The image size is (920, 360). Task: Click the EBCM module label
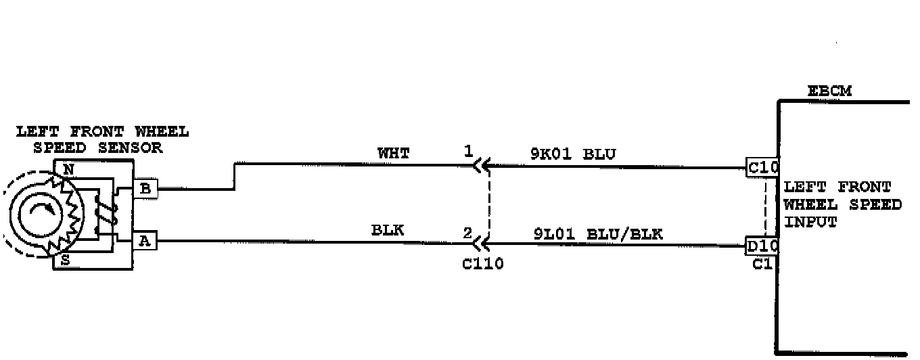click(829, 91)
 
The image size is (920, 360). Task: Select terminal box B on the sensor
click(145, 189)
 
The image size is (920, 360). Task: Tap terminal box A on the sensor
click(144, 241)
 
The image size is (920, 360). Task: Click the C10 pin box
click(762, 167)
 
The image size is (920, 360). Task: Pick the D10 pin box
click(762, 246)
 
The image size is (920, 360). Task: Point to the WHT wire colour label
click(393, 154)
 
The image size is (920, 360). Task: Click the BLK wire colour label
click(388, 231)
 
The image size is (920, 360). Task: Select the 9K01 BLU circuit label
click(572, 154)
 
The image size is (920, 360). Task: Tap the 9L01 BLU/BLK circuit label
click(598, 235)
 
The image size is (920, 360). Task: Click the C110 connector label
click(483, 264)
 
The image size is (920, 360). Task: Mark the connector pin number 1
click(468, 152)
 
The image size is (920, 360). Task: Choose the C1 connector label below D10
click(762, 264)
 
